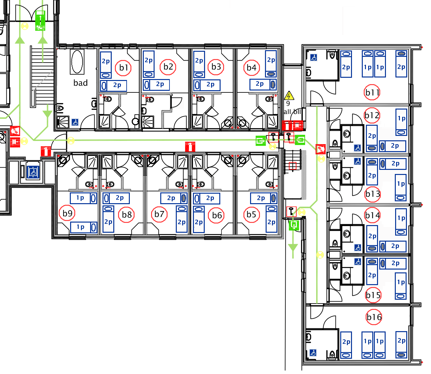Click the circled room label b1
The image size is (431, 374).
pyautogui.click(x=123, y=68)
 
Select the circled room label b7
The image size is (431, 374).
pyautogui.click(x=159, y=214)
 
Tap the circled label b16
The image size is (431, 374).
pyautogui.click(x=374, y=317)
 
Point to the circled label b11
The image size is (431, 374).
pyautogui.click(x=372, y=92)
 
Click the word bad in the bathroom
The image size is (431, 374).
pyautogui.click(x=81, y=83)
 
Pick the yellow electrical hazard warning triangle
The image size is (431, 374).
pyautogui.click(x=289, y=95)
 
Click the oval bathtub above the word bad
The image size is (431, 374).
pyautogui.click(x=77, y=62)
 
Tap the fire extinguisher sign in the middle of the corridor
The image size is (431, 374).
pyautogui.click(x=190, y=147)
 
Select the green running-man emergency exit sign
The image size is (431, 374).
pyautogui.click(x=40, y=21)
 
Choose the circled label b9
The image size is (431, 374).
pyautogui.click(x=67, y=213)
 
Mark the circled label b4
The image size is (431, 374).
pyautogui.click(x=251, y=68)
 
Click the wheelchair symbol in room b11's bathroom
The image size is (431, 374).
pyautogui.click(x=314, y=57)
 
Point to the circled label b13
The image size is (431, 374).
pyautogui.click(x=372, y=194)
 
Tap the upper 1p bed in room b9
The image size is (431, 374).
pyautogui.click(x=83, y=198)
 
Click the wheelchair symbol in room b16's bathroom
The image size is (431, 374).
pyautogui.click(x=313, y=352)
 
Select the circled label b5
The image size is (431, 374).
pyautogui.click(x=251, y=215)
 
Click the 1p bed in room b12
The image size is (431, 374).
pyautogui.click(x=401, y=122)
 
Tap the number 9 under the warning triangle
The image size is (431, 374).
pyautogui.click(x=288, y=104)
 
